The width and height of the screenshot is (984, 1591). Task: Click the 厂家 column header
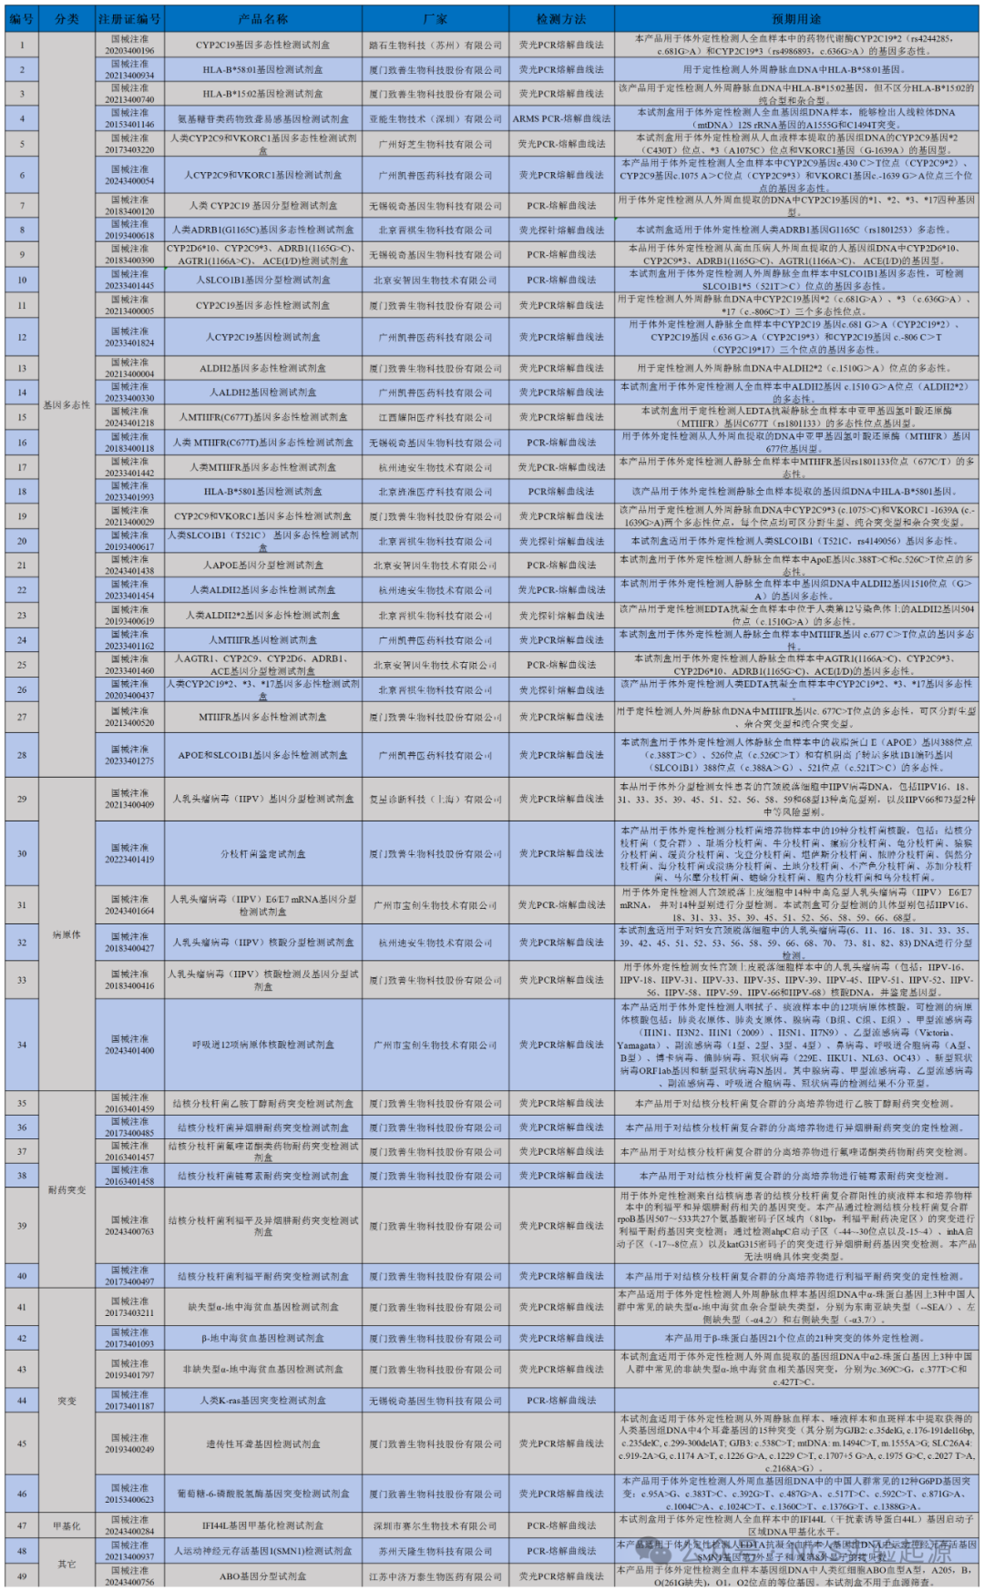pyautogui.click(x=436, y=18)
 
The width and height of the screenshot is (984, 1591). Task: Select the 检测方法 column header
pyautogui.click(x=561, y=18)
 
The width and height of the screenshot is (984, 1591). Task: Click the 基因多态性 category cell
pyautogui.click(x=67, y=404)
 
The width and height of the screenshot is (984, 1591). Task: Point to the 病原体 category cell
pyautogui.click(x=67, y=934)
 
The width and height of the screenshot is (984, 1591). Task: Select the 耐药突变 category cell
pyautogui.click(x=67, y=1189)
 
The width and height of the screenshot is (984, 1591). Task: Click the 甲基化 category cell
pyautogui.click(x=67, y=1525)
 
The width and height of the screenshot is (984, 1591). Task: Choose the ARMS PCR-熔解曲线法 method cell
pyautogui.click(x=561, y=118)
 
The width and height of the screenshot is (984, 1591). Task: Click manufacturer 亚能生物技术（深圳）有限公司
pyautogui.click(x=436, y=118)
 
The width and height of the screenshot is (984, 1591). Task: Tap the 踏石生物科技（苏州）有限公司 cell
pyautogui.click(x=436, y=45)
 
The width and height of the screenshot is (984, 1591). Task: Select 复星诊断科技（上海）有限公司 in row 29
pyautogui.click(x=436, y=799)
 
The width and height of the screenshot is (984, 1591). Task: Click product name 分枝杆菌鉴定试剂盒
pyautogui.click(x=263, y=854)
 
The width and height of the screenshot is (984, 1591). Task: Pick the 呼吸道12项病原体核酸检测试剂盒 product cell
pyautogui.click(x=263, y=1045)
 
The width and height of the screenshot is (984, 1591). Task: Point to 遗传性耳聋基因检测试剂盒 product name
pyautogui.click(x=263, y=1443)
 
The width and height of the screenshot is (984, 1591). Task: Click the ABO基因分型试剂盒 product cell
pyautogui.click(x=263, y=1576)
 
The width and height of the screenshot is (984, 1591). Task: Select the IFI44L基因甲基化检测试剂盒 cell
pyautogui.click(x=263, y=1525)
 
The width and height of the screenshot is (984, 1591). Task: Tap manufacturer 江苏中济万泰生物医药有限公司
pyautogui.click(x=436, y=1576)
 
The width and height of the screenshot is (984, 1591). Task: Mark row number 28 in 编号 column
pyautogui.click(x=22, y=755)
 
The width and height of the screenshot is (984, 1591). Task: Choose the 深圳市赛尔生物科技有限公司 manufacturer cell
pyautogui.click(x=436, y=1525)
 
